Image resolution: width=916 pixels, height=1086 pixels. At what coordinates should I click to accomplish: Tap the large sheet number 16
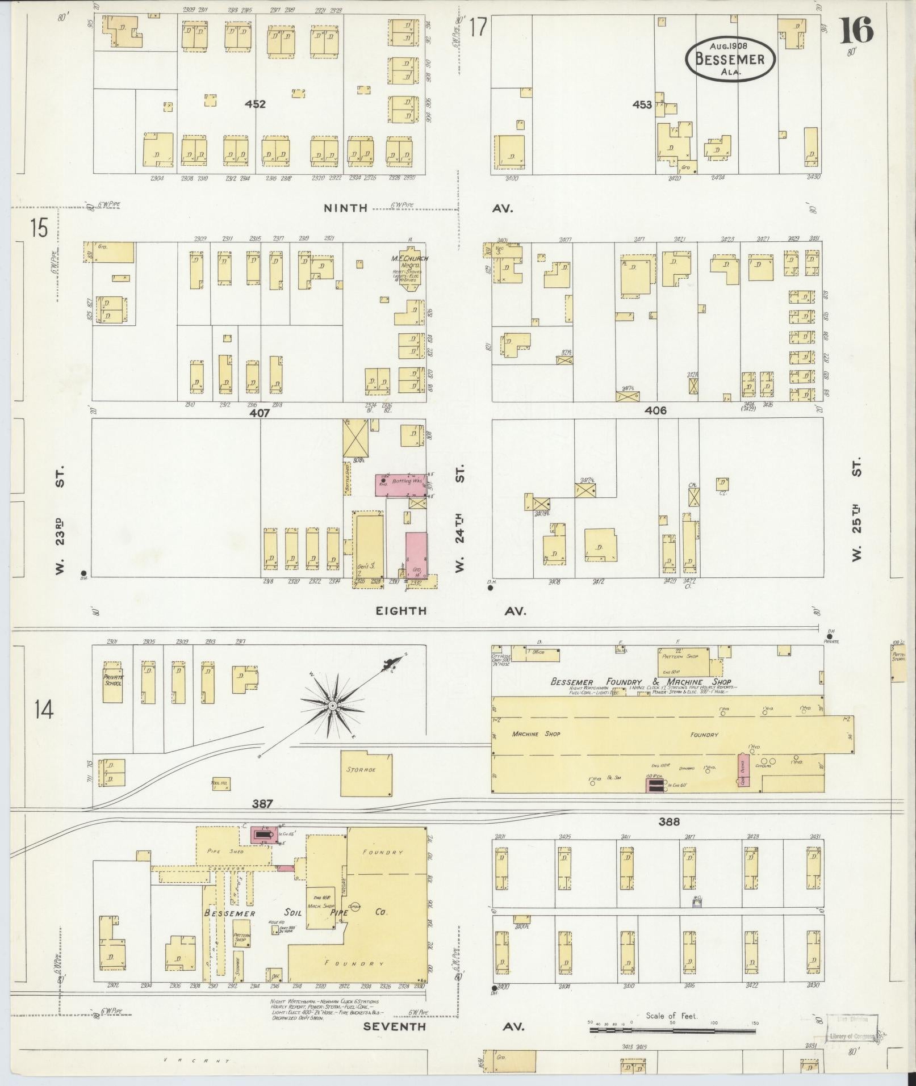[x=856, y=31]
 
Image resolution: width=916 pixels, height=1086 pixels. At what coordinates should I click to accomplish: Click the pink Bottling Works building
[x=400, y=484]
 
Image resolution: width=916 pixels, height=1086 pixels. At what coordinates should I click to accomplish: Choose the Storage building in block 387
[x=366, y=774]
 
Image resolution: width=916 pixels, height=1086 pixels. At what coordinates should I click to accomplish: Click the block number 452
[x=255, y=104]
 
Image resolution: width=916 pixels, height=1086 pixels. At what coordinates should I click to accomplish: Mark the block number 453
[x=642, y=104]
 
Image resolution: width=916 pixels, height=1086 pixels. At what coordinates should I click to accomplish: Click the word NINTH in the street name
[x=345, y=208]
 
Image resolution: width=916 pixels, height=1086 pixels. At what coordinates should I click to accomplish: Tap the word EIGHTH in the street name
[x=400, y=611]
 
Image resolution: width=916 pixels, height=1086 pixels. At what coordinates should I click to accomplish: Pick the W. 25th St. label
[x=856, y=509]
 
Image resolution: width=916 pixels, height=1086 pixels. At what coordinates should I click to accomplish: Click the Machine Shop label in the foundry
[x=536, y=734]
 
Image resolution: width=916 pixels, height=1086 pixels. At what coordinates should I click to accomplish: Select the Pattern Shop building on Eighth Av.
[x=683, y=661]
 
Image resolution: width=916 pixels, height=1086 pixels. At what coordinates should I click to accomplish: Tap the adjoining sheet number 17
[x=479, y=27]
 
